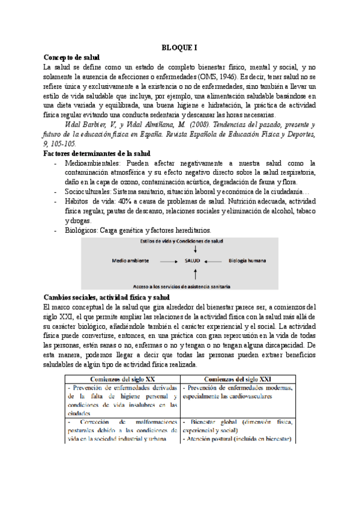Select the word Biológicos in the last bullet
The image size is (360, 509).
(81, 230)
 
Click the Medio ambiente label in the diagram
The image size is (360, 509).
(131, 262)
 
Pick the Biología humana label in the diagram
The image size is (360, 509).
(247, 262)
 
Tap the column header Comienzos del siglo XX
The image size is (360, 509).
(122, 379)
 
